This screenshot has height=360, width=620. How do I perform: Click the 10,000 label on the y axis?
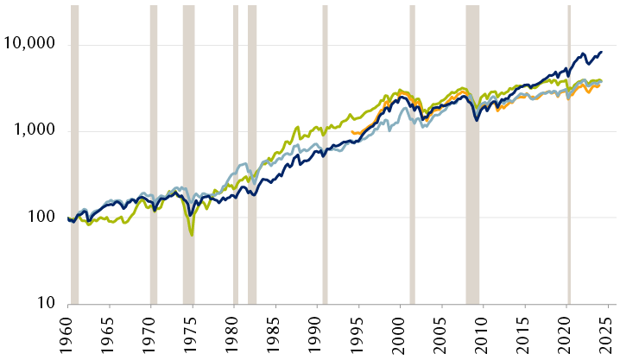(x=32, y=44)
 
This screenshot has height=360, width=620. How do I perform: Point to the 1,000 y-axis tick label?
(x=35, y=131)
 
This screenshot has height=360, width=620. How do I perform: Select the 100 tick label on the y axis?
(x=41, y=218)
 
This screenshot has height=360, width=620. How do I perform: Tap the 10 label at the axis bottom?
(x=45, y=304)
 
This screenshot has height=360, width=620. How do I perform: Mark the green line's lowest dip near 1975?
(x=192, y=234)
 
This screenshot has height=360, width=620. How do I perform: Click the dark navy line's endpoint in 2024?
(x=602, y=52)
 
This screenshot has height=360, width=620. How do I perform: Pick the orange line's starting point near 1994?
(x=352, y=132)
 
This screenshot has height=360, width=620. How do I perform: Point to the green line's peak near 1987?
(x=298, y=128)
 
